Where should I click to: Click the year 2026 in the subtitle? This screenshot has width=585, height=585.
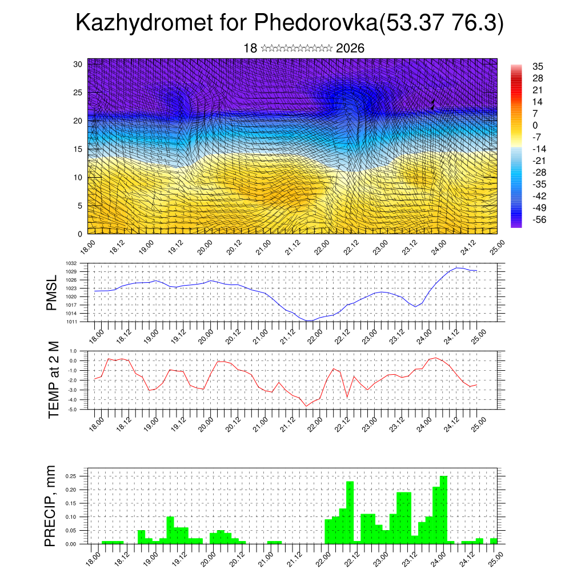[x=350, y=49]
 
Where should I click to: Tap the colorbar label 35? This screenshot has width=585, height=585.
[x=537, y=66]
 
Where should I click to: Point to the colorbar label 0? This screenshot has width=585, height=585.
[x=535, y=125]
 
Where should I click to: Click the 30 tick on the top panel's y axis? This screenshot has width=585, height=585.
[x=78, y=64]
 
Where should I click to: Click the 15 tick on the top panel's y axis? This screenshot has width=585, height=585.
[x=78, y=149]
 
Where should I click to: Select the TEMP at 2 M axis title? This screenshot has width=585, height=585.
[x=54, y=380]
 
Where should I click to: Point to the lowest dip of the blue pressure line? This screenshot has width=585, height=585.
[x=308, y=320]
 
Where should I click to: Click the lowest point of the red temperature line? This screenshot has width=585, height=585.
[x=306, y=406]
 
